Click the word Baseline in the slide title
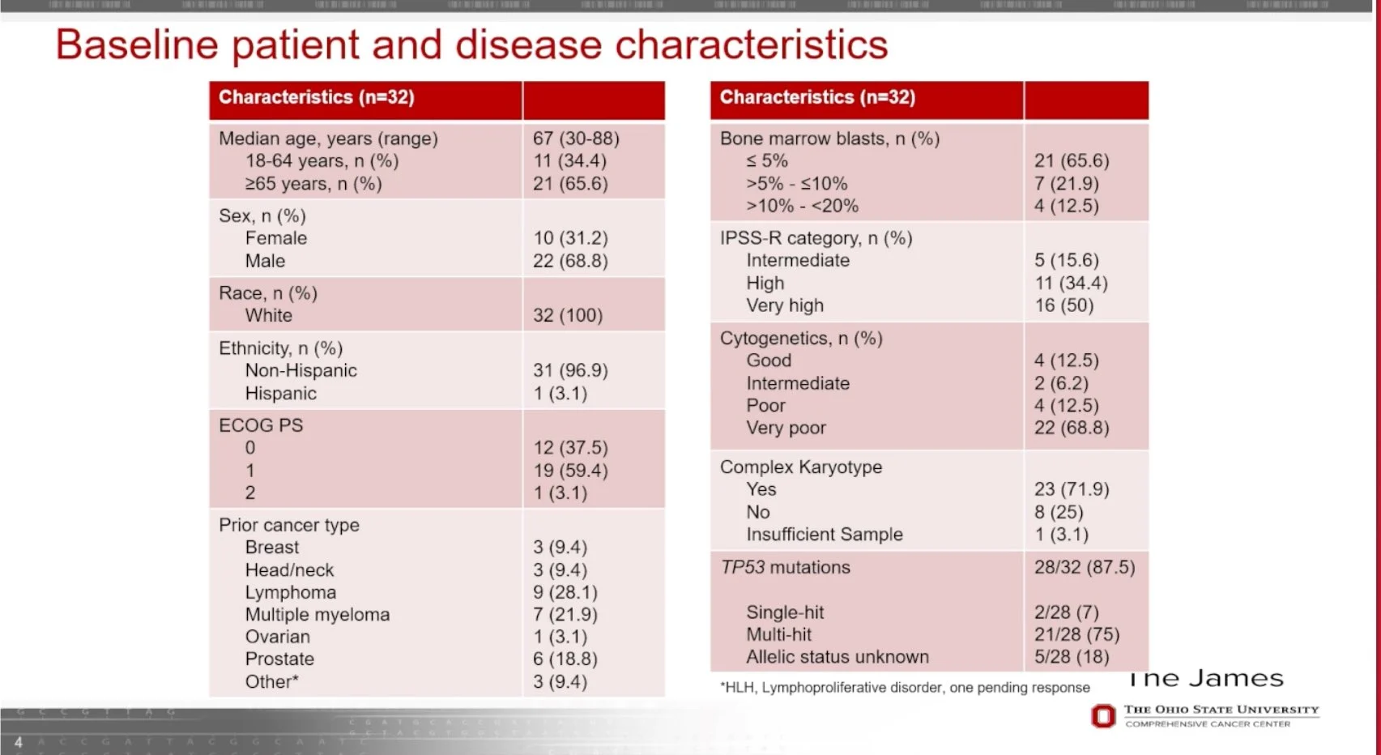(x=137, y=45)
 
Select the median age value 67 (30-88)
(x=576, y=139)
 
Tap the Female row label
(x=276, y=238)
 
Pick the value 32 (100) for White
(x=568, y=315)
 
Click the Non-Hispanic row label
(x=301, y=370)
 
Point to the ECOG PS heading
(x=261, y=425)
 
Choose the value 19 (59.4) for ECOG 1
(x=570, y=471)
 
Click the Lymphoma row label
(x=291, y=592)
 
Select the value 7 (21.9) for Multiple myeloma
(x=565, y=615)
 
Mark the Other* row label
(x=272, y=682)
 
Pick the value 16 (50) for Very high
(x=1063, y=305)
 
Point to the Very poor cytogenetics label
(x=786, y=428)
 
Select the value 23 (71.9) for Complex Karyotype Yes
(x=1072, y=489)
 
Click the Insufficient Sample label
(x=825, y=535)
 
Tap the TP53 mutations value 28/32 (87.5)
(x=1085, y=567)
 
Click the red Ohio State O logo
(x=1103, y=716)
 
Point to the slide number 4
(x=19, y=742)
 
